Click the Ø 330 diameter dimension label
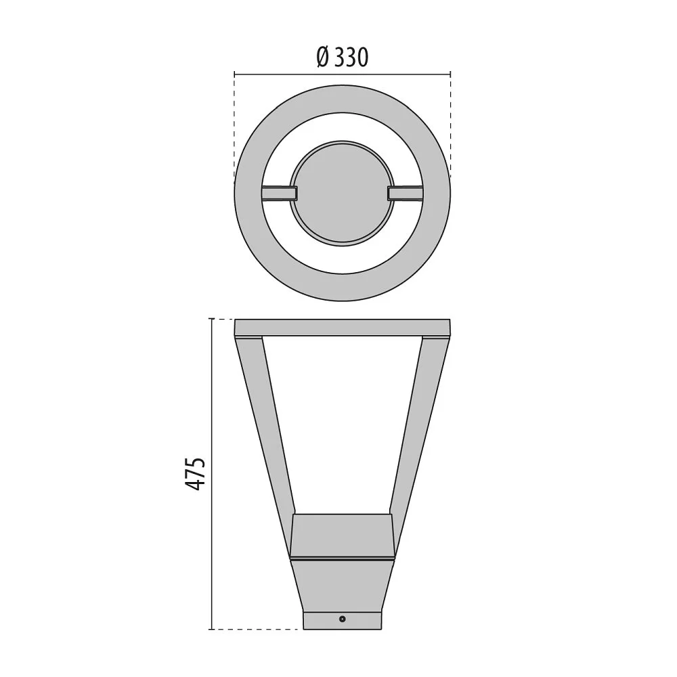pyautogui.click(x=342, y=57)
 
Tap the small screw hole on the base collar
pyautogui.click(x=343, y=619)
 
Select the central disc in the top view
pyautogui.click(x=342, y=194)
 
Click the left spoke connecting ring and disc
pyautogui.click(x=280, y=193)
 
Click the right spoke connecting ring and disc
pyautogui.click(x=405, y=193)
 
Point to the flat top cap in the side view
pyautogui.click(x=343, y=328)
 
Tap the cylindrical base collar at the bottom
pyautogui.click(x=343, y=620)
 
